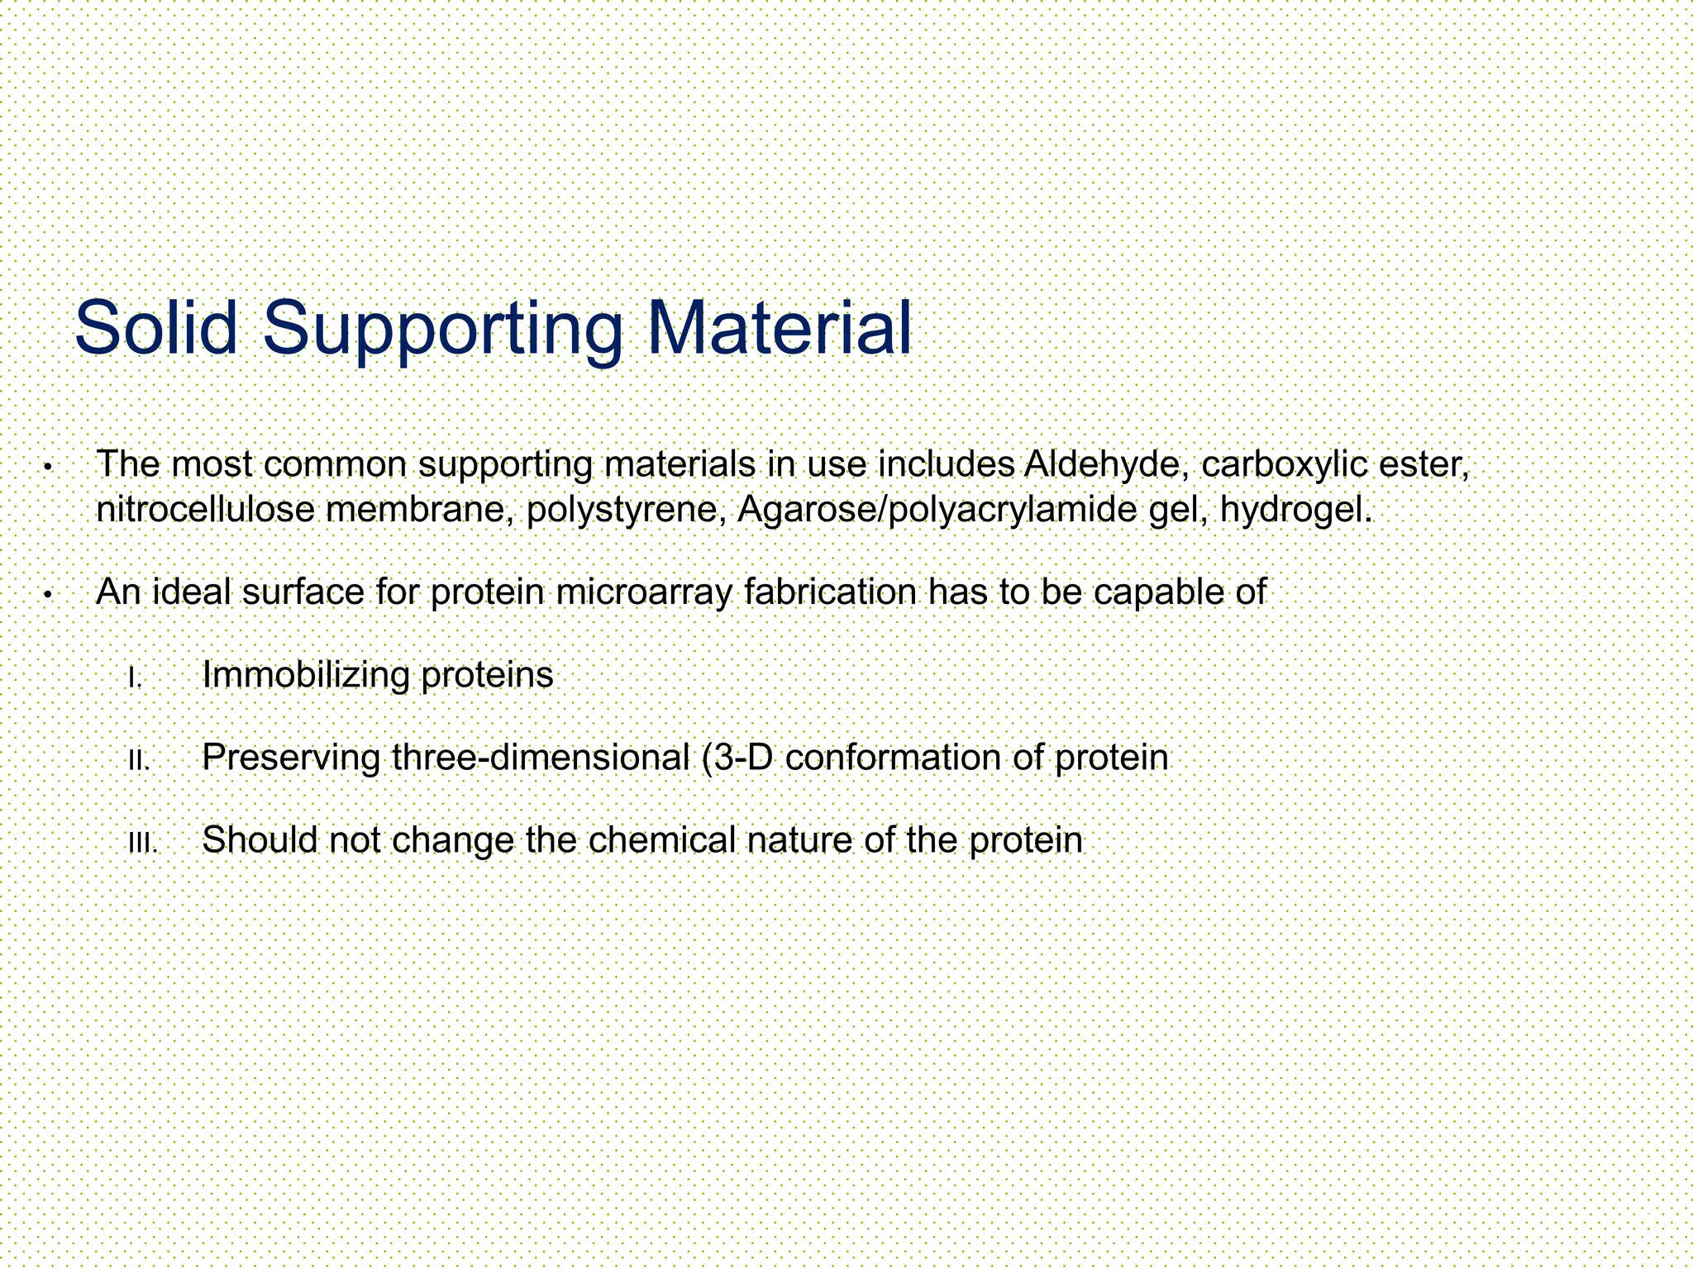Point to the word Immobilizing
point(306,675)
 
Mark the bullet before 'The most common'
point(49,468)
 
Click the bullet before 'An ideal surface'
point(49,596)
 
